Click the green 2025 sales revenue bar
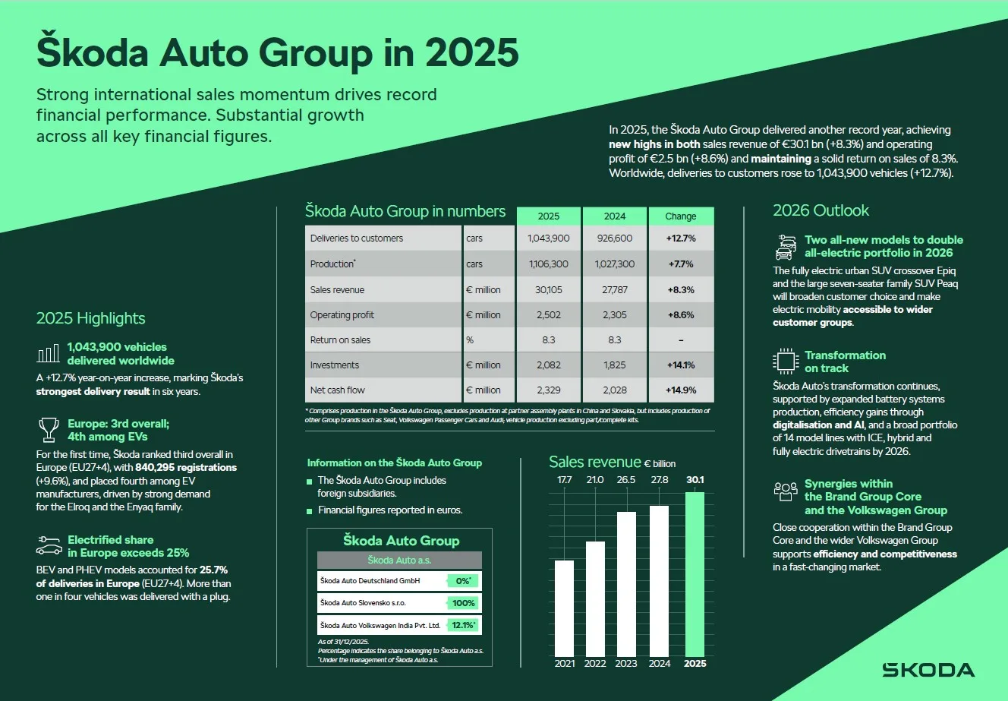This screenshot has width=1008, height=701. (695, 574)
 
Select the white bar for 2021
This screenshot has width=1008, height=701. (565, 608)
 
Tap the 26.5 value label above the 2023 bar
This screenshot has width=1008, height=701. (626, 480)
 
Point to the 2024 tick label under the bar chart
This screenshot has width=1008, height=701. (660, 663)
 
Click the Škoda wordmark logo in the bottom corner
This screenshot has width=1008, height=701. (928, 670)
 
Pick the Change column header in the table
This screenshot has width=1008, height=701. (681, 216)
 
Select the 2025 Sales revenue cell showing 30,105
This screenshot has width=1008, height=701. (549, 290)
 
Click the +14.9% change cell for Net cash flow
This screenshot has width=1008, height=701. (681, 390)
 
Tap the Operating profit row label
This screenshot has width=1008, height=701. (342, 315)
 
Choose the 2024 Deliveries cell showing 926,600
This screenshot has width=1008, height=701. (615, 238)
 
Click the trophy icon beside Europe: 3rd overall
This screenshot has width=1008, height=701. (49, 430)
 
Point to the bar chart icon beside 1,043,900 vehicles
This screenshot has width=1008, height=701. (49, 354)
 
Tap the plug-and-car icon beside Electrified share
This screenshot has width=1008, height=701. (49, 546)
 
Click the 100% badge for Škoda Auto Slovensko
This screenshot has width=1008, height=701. (463, 603)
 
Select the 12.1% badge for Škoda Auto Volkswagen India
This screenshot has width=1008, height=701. (463, 626)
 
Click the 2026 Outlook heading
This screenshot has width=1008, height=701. (821, 210)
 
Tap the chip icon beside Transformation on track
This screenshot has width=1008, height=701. (786, 362)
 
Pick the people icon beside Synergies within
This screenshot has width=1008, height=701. (786, 491)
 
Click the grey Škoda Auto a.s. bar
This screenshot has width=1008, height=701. (399, 560)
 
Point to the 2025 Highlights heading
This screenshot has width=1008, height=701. (90, 318)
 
